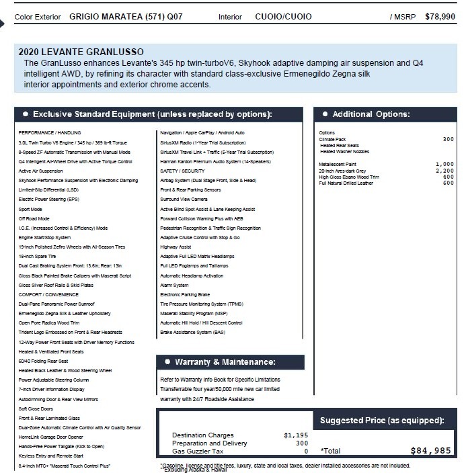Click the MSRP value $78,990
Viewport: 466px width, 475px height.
(440, 16)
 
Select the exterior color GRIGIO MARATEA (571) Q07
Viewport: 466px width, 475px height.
(126, 16)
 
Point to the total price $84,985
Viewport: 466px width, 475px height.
(430, 451)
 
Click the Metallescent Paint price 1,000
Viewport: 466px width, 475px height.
(444, 164)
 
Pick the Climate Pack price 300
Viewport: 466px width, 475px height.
(449, 139)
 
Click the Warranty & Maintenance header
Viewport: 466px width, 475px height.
(225, 362)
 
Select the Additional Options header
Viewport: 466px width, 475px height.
(371, 114)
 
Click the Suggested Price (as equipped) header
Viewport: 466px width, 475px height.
(382, 421)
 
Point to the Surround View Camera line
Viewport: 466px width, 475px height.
(184, 200)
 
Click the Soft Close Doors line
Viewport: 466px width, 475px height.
(36, 408)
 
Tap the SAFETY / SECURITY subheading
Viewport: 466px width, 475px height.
(178, 171)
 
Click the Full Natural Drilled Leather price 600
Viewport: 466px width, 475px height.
(449, 183)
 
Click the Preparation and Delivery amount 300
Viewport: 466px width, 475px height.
(302, 443)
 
